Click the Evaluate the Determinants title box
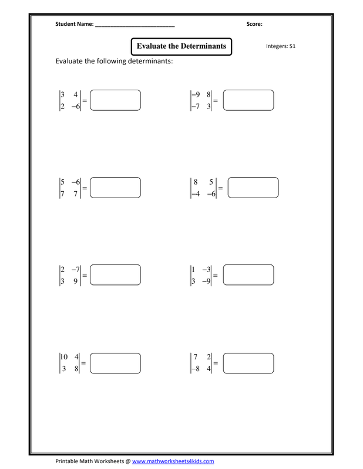[181, 46]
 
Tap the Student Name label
[75, 24]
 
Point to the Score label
[254, 24]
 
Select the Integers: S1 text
[281, 46]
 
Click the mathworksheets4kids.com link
[173, 461]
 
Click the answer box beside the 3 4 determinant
[115, 100]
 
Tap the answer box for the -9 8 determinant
[248, 100]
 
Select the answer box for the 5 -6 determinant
[115, 188]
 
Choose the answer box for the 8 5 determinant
[253, 188]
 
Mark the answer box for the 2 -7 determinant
[115, 274]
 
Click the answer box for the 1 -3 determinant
[248, 274]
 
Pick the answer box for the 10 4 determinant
[115, 363]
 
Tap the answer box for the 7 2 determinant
[248, 363]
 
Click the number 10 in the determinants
[64, 356]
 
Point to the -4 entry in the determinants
[196, 194]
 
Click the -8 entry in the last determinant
[196, 369]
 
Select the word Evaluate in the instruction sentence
[69, 61]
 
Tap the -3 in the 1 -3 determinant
[207, 269]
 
